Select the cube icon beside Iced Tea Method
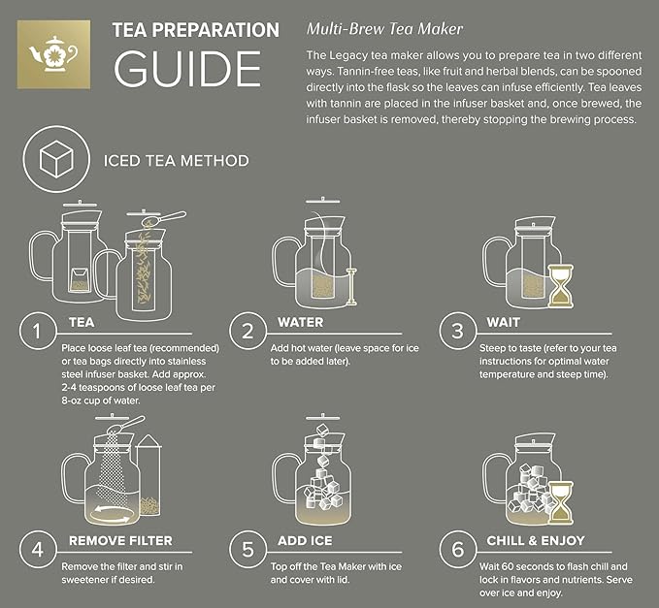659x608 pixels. (x=51, y=160)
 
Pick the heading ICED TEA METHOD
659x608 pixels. (x=176, y=161)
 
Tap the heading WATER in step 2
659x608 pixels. (x=301, y=322)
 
